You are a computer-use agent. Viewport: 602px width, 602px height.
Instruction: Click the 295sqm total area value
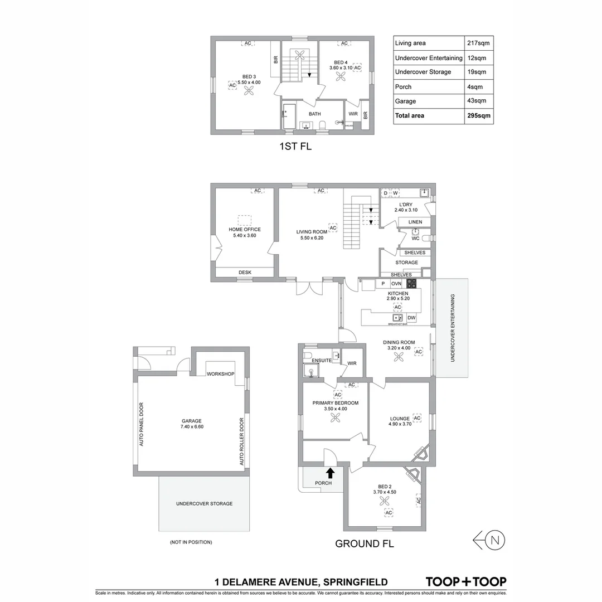(x=479, y=115)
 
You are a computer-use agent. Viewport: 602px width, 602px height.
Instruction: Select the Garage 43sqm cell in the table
(x=479, y=101)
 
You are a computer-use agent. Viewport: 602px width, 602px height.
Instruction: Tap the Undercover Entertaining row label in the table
(x=428, y=57)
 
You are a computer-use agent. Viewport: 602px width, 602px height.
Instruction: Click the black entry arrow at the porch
(x=330, y=473)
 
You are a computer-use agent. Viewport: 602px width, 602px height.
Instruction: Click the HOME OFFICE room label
(x=244, y=229)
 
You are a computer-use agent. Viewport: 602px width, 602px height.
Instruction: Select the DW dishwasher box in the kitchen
(x=411, y=318)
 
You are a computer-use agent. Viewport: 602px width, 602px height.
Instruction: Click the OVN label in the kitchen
(x=396, y=284)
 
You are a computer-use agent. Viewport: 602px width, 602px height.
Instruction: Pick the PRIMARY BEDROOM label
(x=335, y=403)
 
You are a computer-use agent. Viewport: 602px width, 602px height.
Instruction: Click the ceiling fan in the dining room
(x=399, y=360)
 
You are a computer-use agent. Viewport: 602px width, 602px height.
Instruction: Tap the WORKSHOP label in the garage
(x=220, y=373)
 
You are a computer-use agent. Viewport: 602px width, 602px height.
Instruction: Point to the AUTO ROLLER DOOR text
(x=242, y=441)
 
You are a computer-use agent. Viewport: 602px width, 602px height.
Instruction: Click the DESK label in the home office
(x=245, y=272)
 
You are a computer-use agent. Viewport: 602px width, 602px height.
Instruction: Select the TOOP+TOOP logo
(x=466, y=581)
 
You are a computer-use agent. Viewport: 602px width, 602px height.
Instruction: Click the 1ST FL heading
(x=295, y=147)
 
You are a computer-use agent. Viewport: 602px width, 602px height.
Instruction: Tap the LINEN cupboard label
(x=415, y=222)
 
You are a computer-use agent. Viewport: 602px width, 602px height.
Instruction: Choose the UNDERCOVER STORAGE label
(x=204, y=503)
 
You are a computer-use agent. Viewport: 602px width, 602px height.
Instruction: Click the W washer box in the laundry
(x=395, y=193)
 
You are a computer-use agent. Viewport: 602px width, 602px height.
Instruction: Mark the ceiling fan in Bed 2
(x=384, y=501)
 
